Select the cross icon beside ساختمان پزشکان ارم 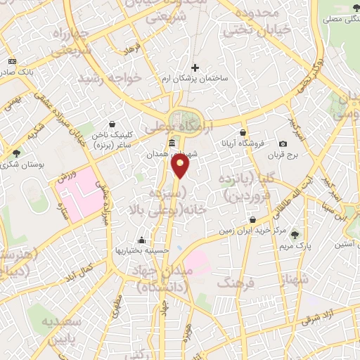click(195, 68)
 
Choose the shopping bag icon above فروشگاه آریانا click(243, 132)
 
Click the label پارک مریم click(294, 246)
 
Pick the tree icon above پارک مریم click(295, 236)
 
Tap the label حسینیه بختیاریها click(142, 250)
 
